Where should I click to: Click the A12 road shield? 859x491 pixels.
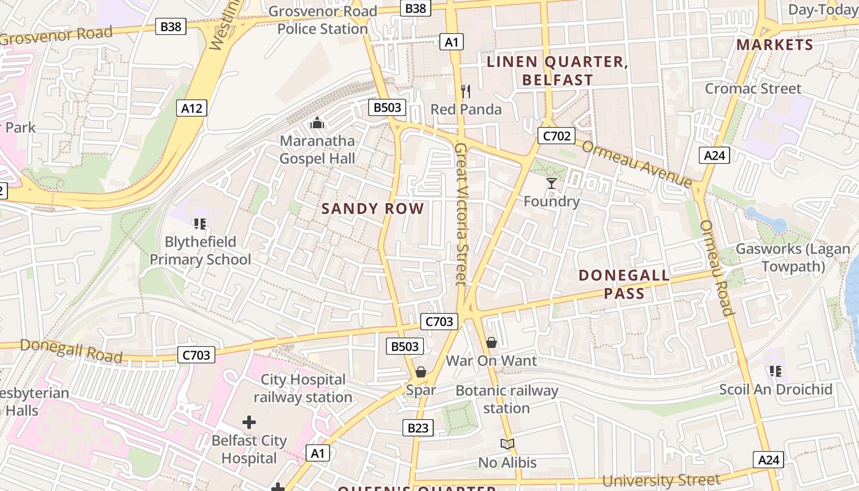(191, 109)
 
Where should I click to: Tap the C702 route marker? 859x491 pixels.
(555, 136)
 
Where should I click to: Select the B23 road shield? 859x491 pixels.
(418, 428)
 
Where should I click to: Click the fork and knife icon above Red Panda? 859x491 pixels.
(466, 91)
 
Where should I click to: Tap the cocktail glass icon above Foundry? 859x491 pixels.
(552, 184)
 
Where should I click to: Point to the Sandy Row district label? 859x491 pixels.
(372, 209)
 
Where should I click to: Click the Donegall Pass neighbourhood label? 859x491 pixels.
(624, 284)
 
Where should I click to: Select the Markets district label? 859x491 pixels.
(774, 45)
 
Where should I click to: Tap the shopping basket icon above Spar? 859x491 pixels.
(421, 372)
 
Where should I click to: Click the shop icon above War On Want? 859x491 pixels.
(491, 342)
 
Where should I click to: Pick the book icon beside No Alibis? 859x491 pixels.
(507, 444)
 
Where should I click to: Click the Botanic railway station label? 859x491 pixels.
(507, 399)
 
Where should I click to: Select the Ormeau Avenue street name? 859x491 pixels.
(636, 164)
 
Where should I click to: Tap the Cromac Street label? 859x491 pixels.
(753, 88)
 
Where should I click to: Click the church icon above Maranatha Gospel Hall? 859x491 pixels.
(317, 123)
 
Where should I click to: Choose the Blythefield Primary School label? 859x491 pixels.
(200, 250)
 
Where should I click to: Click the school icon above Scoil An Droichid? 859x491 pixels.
(775, 371)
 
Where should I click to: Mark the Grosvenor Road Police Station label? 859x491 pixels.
(323, 20)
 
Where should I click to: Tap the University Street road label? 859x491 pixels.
(661, 480)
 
